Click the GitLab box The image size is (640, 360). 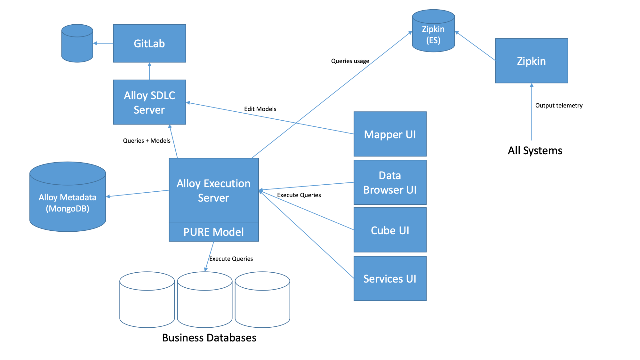tap(149, 43)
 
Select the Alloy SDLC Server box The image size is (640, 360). tap(149, 102)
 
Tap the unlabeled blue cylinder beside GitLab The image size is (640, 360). tap(77, 44)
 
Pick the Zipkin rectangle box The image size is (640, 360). tap(532, 61)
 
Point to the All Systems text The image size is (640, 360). tap(535, 150)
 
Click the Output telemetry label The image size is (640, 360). tap(559, 106)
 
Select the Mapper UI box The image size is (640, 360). tap(390, 134)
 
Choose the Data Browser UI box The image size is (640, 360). tap(390, 182)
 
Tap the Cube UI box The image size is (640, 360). tap(390, 230)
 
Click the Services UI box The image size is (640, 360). tap(390, 278)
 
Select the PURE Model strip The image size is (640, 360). tap(213, 232)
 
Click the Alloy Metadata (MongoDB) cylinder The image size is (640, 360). tap(68, 202)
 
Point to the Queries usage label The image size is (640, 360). tap(350, 61)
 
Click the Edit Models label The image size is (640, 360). tap(260, 109)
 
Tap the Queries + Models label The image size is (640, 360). tap(147, 141)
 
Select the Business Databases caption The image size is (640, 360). tap(209, 338)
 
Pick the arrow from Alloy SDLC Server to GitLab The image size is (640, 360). tap(149, 71)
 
